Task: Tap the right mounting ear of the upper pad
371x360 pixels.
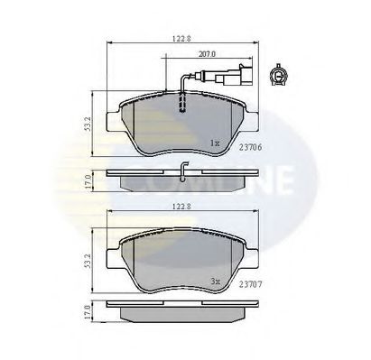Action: pyautogui.click(x=252, y=117)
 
